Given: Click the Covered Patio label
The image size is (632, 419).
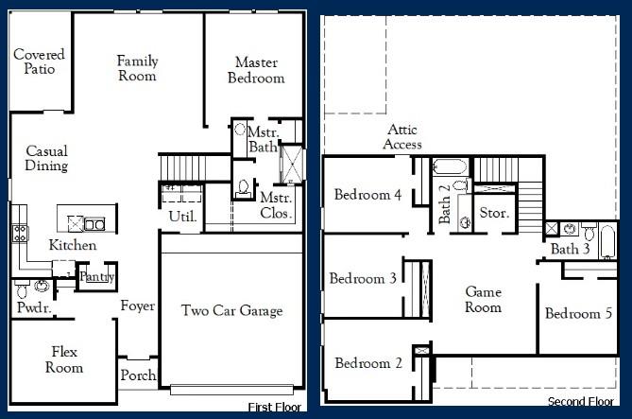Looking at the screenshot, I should click(x=39, y=61).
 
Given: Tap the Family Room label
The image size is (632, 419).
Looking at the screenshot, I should click(x=137, y=68).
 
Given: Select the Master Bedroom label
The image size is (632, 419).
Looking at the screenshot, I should click(x=255, y=70).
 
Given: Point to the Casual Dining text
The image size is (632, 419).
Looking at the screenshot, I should click(x=46, y=158).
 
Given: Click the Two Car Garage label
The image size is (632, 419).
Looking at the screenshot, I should click(x=232, y=310).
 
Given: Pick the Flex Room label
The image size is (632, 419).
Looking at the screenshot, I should click(x=65, y=360).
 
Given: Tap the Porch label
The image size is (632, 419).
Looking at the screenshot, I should click(x=138, y=375).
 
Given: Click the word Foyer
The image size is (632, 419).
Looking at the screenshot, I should click(x=138, y=306).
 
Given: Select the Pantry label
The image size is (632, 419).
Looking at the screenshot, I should click(x=96, y=276).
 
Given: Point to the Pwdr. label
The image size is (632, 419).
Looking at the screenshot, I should click(x=33, y=308).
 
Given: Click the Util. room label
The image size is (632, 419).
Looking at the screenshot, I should click(x=182, y=217).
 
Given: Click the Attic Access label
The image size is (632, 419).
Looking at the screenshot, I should click(x=403, y=137).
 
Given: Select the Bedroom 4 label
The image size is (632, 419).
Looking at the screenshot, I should click(x=367, y=196).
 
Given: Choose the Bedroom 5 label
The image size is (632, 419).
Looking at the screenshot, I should click(x=578, y=314).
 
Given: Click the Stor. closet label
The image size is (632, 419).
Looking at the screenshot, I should click(x=494, y=213).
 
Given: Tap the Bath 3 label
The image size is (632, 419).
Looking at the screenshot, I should click(x=571, y=249).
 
